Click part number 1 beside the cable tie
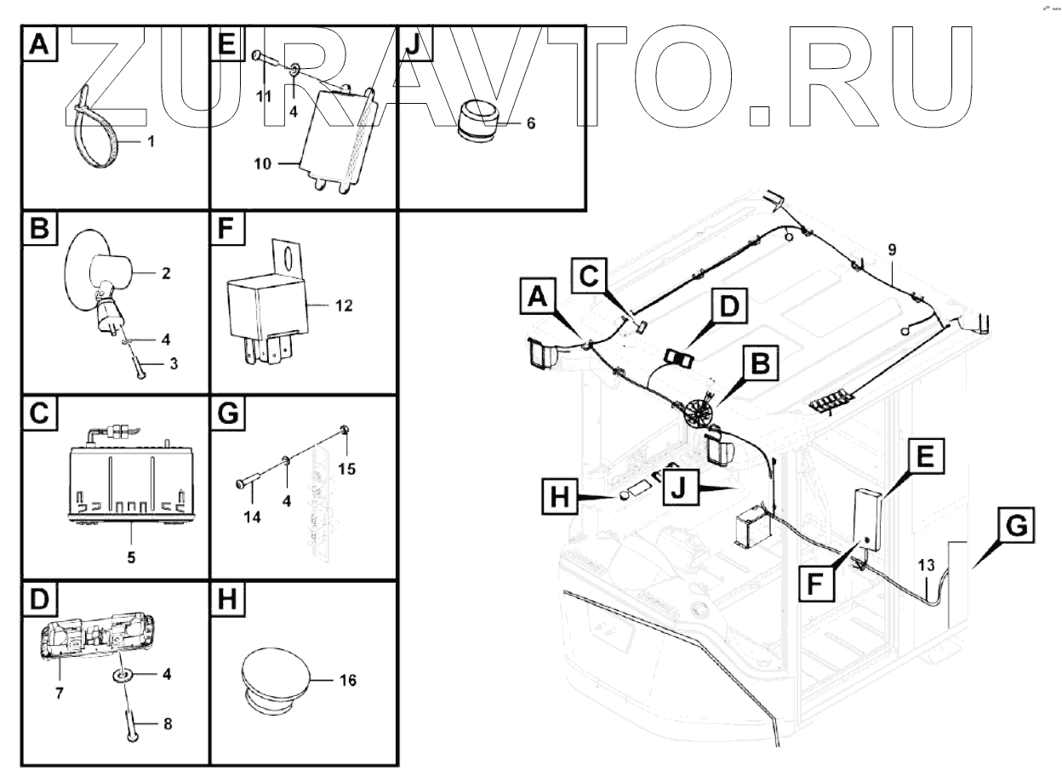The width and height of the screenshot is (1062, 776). (151, 141)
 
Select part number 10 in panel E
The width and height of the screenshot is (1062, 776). (263, 164)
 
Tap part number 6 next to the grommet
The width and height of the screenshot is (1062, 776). (531, 123)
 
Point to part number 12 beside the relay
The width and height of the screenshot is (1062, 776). (344, 305)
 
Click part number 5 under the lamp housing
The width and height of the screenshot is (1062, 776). (131, 557)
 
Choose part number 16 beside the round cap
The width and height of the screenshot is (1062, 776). (347, 680)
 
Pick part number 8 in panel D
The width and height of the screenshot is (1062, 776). (168, 724)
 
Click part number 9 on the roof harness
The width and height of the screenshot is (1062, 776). (892, 250)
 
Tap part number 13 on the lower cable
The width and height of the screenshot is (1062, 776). (926, 565)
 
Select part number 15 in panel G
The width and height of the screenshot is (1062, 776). (346, 469)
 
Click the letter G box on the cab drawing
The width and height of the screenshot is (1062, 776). (1016, 525)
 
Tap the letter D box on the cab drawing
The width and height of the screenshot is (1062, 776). (729, 306)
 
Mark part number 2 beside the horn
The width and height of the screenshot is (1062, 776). (166, 273)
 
